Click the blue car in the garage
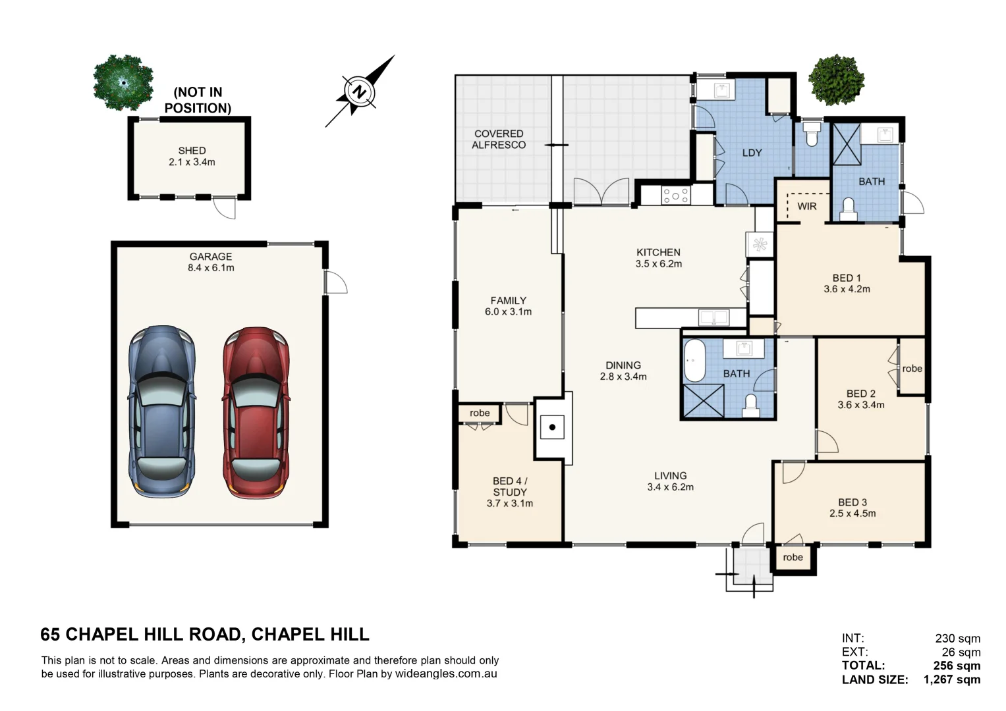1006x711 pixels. pyautogui.click(x=162, y=412)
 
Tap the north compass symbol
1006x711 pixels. pyautogui.click(x=359, y=92)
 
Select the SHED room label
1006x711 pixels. pyautogui.click(x=192, y=151)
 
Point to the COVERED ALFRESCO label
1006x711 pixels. pyautogui.click(x=499, y=140)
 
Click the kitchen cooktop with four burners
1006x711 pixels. pyautogui.click(x=676, y=196)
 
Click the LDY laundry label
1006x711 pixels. pyautogui.click(x=752, y=153)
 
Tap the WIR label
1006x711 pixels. pyautogui.click(x=806, y=206)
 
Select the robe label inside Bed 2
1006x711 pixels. pyautogui.click(x=912, y=369)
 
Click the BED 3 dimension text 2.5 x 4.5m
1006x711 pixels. pyautogui.click(x=852, y=513)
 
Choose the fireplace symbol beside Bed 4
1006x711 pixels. pyautogui.click(x=552, y=427)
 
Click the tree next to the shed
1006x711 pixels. pyautogui.click(x=123, y=82)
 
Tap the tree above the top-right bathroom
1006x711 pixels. pyautogui.click(x=837, y=80)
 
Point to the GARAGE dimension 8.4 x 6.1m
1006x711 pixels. pyautogui.click(x=211, y=268)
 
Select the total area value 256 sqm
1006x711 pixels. pyautogui.click(x=957, y=666)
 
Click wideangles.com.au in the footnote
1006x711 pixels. pyautogui.click(x=446, y=673)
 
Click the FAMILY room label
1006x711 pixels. pyautogui.click(x=508, y=300)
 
